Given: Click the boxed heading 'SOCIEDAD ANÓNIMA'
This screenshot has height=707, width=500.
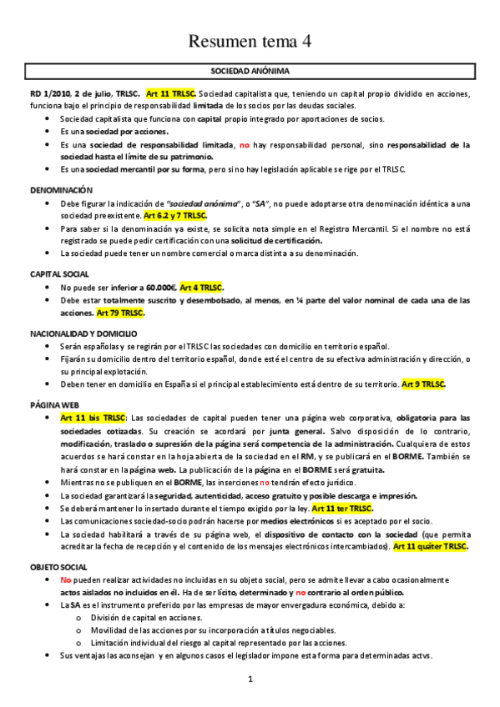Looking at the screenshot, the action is point(250,72).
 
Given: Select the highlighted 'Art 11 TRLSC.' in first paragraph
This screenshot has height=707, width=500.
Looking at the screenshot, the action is point(170,93).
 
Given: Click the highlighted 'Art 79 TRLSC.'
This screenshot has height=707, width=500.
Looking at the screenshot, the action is point(121,313).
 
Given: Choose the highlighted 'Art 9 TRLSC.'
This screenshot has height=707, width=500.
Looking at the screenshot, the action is point(423,384).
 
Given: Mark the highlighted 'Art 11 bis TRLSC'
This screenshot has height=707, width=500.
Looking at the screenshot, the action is point(93,418).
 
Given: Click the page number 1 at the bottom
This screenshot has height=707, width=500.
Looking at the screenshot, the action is point(250,679).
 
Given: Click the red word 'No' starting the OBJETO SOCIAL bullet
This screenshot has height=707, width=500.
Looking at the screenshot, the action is point(67,579).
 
